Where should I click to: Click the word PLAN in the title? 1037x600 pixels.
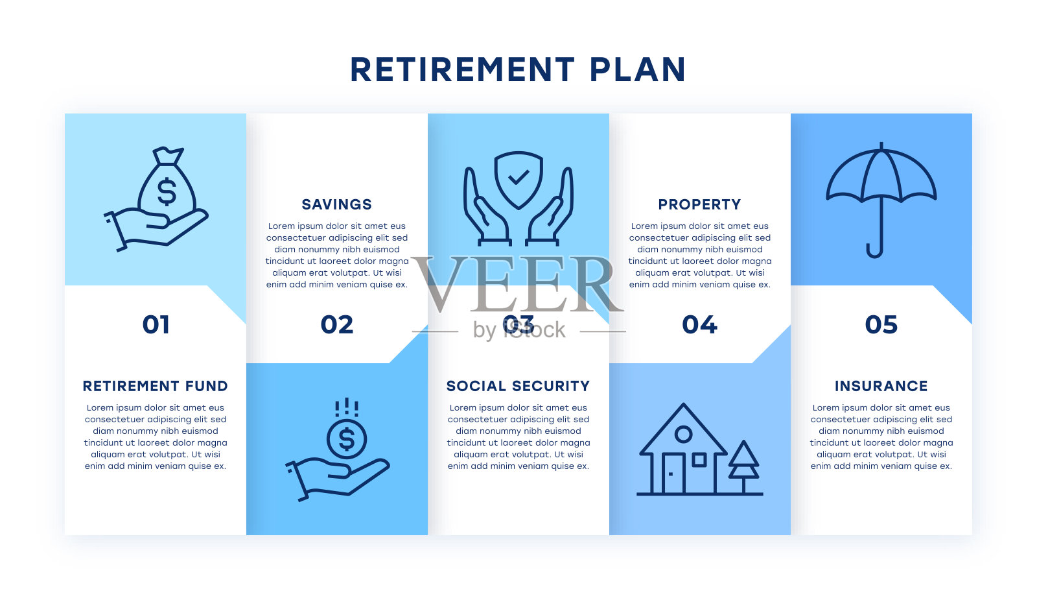point(638,70)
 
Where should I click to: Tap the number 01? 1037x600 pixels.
point(156,324)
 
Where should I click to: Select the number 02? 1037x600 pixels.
point(337,324)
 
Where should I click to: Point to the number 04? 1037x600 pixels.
point(699,324)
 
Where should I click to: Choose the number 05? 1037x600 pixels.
point(881,324)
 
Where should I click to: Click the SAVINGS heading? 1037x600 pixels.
point(336,204)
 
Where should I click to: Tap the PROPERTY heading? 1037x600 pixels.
point(699,204)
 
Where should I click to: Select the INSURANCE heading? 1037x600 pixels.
point(881,386)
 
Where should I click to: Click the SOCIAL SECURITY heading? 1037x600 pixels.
point(518,386)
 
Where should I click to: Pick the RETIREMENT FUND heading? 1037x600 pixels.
point(155,386)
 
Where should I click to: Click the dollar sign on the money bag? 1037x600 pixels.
point(167,191)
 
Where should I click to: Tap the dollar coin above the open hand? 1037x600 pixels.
point(347,438)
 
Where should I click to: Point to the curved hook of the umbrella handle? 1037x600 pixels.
point(875,251)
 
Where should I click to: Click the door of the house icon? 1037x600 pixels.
point(673,473)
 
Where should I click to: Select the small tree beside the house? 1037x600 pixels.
point(743,466)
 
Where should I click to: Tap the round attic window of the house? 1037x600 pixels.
point(683,434)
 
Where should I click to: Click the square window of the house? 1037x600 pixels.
point(699,460)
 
